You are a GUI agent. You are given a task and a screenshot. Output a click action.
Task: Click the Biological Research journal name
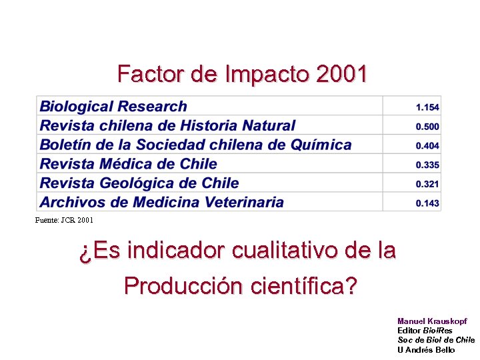tap(113, 107)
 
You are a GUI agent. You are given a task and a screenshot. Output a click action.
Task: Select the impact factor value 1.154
tap(427, 107)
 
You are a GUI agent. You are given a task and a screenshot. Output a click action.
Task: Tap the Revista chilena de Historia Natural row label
tap(167, 125)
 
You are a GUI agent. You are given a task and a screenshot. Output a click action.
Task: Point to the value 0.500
tap(427, 126)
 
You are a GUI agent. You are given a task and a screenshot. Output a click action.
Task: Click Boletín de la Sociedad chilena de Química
tap(195, 145)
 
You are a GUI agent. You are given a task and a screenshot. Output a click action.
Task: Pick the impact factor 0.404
tap(427, 145)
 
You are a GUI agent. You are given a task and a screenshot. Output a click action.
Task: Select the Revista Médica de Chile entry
tap(128, 164)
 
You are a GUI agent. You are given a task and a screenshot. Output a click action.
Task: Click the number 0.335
tap(427, 165)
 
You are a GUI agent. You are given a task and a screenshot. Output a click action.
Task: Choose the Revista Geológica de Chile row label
tap(139, 183)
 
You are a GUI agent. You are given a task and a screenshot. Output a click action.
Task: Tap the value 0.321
tap(427, 184)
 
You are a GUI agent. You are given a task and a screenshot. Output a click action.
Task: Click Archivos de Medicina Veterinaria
tap(161, 202)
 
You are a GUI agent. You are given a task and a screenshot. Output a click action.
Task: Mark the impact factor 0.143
tap(427, 203)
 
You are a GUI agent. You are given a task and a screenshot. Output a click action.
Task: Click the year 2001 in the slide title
tap(341, 73)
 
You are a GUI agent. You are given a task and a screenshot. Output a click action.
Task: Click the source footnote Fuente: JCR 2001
tap(64, 219)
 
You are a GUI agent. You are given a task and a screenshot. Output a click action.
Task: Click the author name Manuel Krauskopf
tap(432, 321)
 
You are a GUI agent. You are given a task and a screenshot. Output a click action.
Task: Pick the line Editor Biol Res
tap(425, 331)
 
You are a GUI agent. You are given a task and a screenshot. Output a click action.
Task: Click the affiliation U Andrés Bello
tap(426, 349)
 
